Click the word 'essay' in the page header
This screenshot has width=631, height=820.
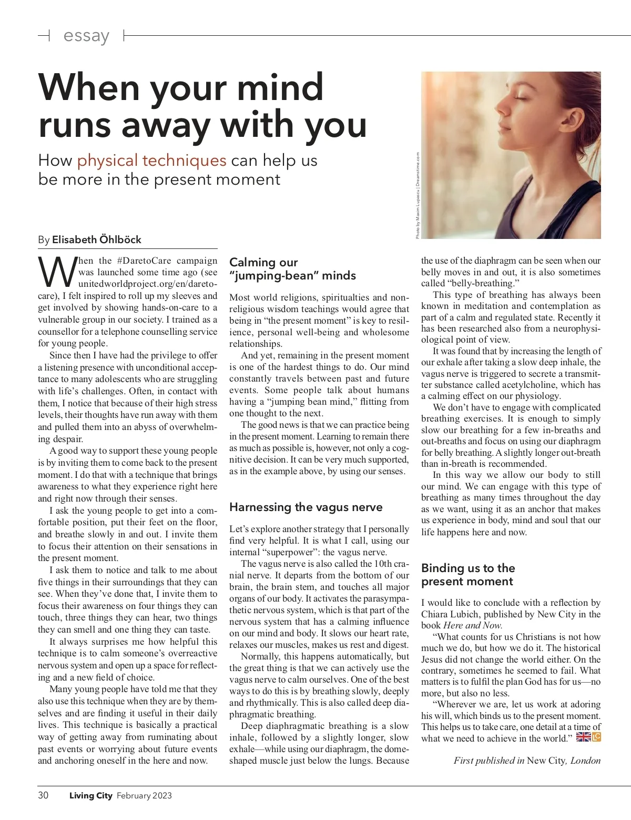click(86, 36)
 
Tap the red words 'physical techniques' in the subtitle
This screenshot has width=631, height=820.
click(151, 160)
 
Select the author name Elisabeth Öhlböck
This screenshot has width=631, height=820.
click(97, 239)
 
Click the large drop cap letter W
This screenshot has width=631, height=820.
click(57, 273)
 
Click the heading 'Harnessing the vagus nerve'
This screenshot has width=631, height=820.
click(306, 507)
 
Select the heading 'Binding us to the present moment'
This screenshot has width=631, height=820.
click(467, 575)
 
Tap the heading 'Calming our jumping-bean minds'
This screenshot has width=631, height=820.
click(292, 269)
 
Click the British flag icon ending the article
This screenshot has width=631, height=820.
click(583, 737)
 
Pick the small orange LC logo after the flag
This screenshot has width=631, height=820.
click(596, 737)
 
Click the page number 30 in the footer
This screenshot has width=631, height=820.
click(43, 795)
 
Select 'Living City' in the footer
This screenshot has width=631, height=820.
click(91, 796)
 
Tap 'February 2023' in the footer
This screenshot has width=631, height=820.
click(144, 796)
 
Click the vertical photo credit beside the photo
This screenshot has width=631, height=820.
click(418, 195)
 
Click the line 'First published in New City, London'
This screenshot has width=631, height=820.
click(527, 761)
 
